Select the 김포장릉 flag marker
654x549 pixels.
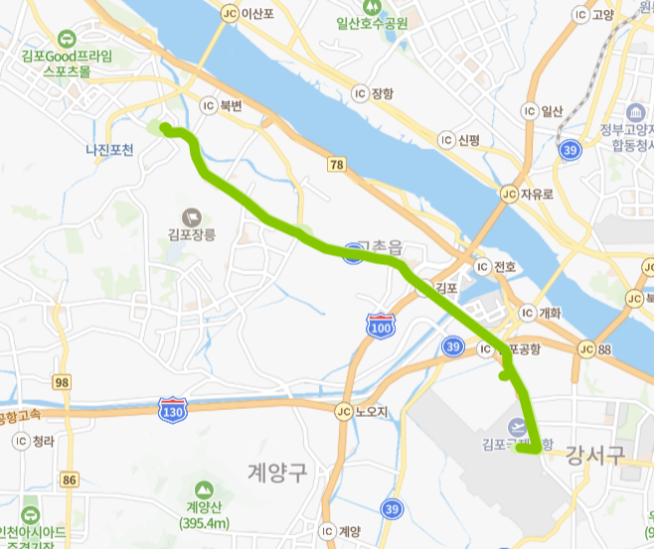coord(191,216)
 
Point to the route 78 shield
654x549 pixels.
coord(337,164)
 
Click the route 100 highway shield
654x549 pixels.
coord(379,328)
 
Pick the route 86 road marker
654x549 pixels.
coord(69,480)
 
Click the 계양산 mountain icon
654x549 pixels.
coord(204,489)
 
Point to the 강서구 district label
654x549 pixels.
coord(594,456)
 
